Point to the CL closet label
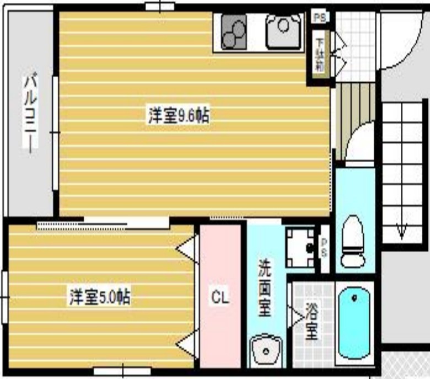[221, 297]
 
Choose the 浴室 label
[311, 322]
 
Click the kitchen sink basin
[283, 31]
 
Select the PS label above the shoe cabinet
[319, 17]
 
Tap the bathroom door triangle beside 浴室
[296, 317]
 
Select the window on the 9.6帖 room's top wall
[160, 6]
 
